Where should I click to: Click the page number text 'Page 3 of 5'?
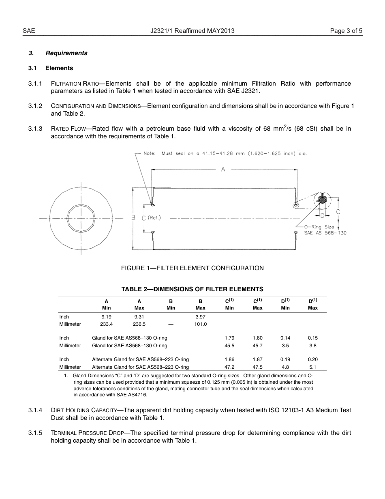(x=346, y=31)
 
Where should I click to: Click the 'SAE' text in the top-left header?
(x=29, y=31)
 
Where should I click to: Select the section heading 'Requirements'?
(x=66, y=53)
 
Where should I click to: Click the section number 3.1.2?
(x=35, y=106)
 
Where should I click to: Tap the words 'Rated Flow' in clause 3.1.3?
(x=68, y=129)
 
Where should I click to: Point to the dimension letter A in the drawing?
(x=223, y=170)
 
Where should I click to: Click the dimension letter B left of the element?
(x=133, y=218)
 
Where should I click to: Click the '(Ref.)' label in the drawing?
(x=154, y=218)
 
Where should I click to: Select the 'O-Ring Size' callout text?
(x=319, y=227)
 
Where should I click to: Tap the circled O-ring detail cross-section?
(x=323, y=200)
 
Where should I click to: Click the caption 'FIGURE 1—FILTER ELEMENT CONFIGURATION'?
(x=192, y=268)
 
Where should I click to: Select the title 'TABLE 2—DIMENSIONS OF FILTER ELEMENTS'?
(x=192, y=289)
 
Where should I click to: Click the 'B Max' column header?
(x=200, y=305)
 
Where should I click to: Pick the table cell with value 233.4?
(x=106, y=324)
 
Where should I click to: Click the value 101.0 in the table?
(x=200, y=324)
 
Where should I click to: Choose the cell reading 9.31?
(x=139, y=317)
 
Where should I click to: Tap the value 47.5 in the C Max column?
(x=257, y=367)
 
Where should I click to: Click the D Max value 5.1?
(x=312, y=367)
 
